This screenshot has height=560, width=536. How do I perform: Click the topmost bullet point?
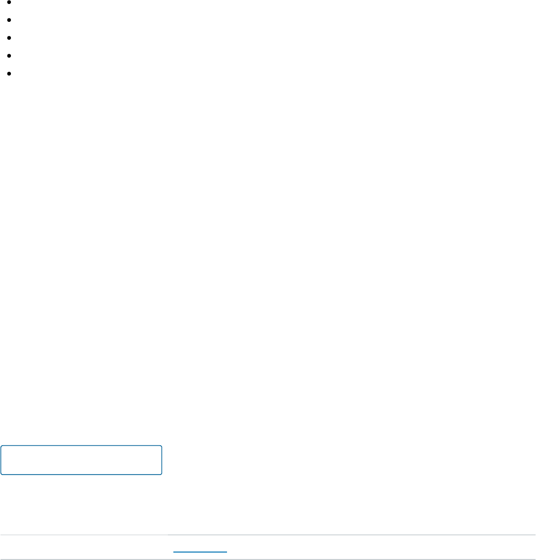(x=9, y=2)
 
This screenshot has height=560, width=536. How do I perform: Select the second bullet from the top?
(x=9, y=20)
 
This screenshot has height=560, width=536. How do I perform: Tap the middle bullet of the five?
(x=9, y=38)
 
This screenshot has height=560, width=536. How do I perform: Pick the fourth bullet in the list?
(x=9, y=56)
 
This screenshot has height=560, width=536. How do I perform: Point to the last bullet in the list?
(x=9, y=74)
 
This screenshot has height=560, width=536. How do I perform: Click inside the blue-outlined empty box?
(x=81, y=460)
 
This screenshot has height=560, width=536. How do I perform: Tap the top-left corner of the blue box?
(x=1, y=446)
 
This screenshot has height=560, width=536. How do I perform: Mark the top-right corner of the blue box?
(x=161, y=446)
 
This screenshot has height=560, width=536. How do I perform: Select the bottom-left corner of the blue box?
(x=1, y=474)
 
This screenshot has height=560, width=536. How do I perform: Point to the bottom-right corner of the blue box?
(x=161, y=474)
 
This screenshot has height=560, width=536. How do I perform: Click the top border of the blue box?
(x=81, y=446)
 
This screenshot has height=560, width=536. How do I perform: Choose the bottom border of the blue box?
(x=81, y=475)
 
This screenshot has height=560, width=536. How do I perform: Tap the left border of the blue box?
(x=1, y=460)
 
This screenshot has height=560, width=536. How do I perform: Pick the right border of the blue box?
(x=162, y=460)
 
